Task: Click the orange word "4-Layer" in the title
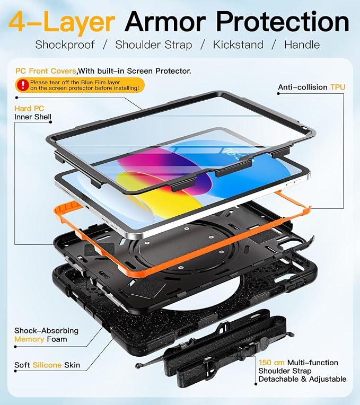(62, 22)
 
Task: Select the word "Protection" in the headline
(283, 22)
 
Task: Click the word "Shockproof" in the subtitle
(65, 45)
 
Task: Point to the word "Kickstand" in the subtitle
(238, 45)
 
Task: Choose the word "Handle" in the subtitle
(302, 45)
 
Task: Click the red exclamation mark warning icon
(23, 85)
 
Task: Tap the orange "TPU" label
(338, 87)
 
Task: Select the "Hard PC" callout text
(29, 109)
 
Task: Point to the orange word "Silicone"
(47, 365)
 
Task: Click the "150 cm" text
(271, 363)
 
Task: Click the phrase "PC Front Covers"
(46, 71)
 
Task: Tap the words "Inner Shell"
(33, 117)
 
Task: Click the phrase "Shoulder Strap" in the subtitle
(154, 45)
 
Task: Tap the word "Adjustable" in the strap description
(328, 379)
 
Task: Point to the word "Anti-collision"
(303, 87)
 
